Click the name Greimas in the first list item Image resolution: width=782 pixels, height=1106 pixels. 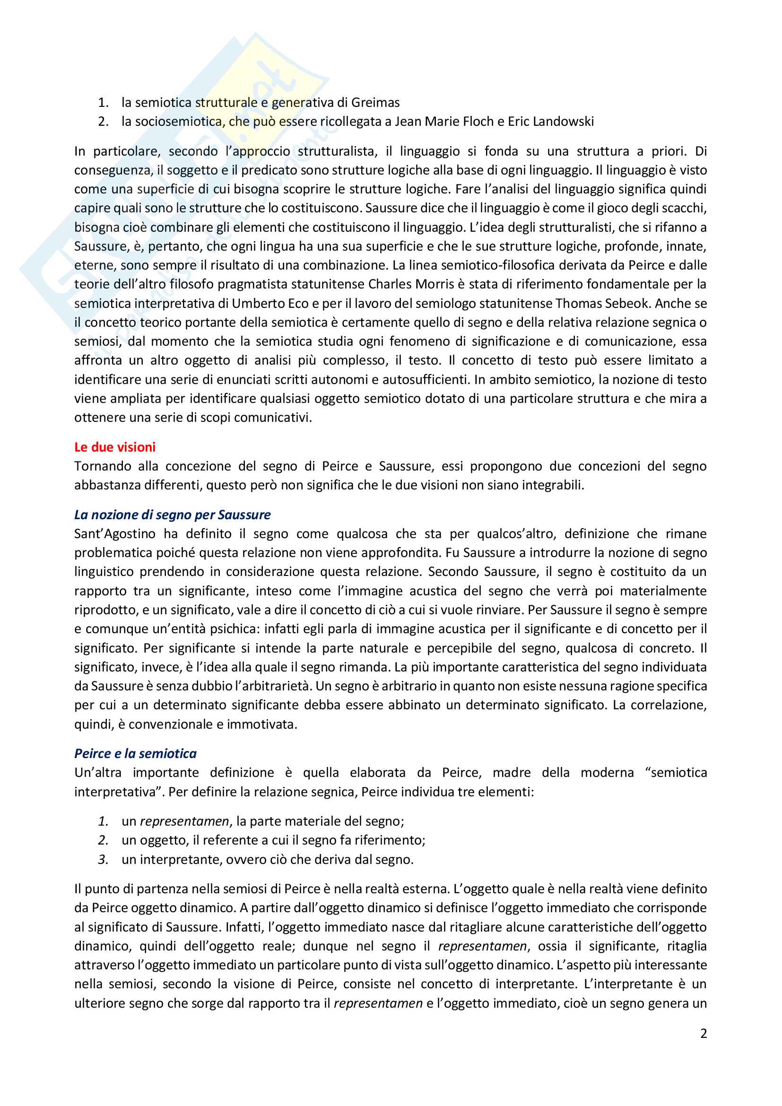coord(375,103)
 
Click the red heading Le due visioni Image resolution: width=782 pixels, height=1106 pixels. coord(114,447)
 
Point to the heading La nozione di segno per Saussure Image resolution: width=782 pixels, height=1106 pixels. coord(172,515)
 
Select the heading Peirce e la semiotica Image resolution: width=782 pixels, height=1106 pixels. coord(135,753)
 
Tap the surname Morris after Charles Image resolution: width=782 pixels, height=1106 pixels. coord(436,284)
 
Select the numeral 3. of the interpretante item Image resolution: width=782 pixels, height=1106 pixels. coord(103,859)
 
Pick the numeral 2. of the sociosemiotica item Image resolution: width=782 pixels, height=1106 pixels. coord(103,122)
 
